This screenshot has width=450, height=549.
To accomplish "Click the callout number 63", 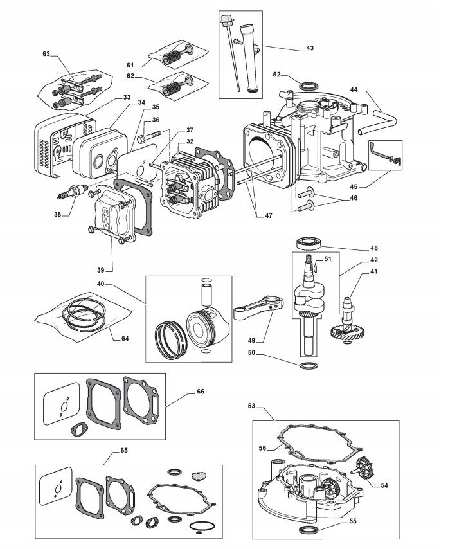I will [46, 55].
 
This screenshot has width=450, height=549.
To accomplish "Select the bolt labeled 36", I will [148, 137].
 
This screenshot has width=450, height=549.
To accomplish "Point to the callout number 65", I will [123, 449].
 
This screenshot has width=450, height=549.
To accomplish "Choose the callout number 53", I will [252, 406].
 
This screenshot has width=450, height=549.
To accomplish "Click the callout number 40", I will [102, 285].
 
